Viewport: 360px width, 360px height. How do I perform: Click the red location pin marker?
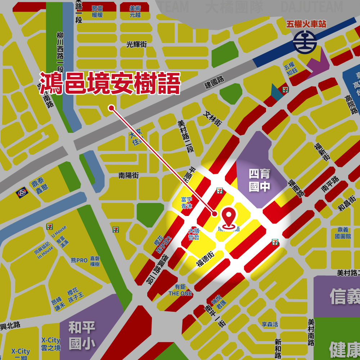229,217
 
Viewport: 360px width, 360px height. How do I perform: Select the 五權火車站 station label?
306,24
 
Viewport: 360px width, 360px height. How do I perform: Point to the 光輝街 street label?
136,44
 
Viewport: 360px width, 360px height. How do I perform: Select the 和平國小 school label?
82,336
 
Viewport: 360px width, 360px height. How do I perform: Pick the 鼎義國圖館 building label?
343,233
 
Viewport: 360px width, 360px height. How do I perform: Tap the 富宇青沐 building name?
187,203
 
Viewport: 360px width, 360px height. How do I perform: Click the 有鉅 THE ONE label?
180,290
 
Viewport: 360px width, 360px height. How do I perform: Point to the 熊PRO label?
79,260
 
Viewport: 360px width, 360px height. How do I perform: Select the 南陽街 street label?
129,176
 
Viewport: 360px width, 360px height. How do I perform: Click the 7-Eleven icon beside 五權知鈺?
285,90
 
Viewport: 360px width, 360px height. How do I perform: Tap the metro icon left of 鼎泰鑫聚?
22,193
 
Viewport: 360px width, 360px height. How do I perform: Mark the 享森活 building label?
270,324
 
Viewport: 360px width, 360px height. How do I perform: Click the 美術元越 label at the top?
135,12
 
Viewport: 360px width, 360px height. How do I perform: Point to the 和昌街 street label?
347,203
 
